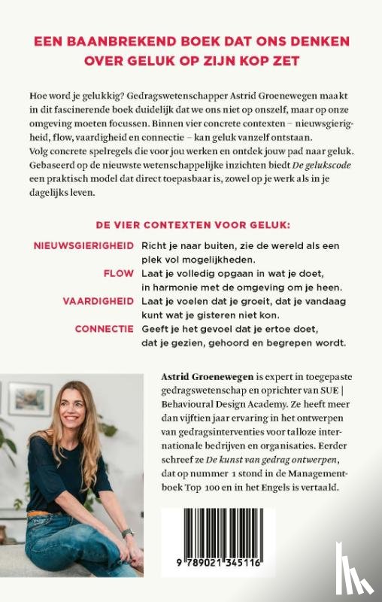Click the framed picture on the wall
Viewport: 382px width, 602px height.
(30, 399)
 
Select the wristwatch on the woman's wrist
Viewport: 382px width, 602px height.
(128, 534)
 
